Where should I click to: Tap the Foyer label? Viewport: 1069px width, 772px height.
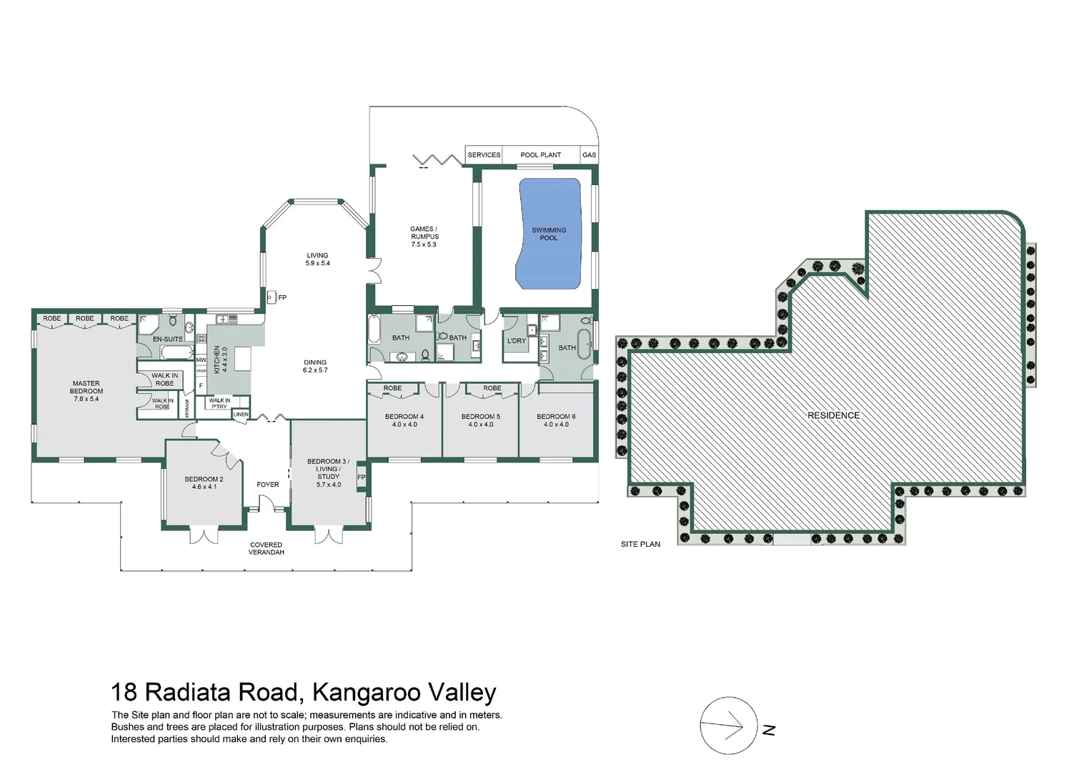coord(268,485)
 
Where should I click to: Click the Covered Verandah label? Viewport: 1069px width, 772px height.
coord(266,548)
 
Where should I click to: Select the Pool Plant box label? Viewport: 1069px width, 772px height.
coord(540,155)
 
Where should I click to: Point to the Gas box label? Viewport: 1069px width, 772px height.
coord(589,155)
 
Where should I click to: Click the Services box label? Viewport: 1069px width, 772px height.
coord(484,155)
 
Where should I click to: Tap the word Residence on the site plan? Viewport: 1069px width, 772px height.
coord(833,415)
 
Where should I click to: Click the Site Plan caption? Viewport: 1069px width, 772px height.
coord(640,544)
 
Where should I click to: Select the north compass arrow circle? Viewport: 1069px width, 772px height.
coord(728,726)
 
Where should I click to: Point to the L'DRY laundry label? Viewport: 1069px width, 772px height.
coord(516,341)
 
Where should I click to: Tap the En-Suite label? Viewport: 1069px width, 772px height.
coord(168,339)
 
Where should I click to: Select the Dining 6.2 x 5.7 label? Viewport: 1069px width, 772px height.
coord(315,366)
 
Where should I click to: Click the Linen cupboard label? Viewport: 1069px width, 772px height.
coord(241,415)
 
